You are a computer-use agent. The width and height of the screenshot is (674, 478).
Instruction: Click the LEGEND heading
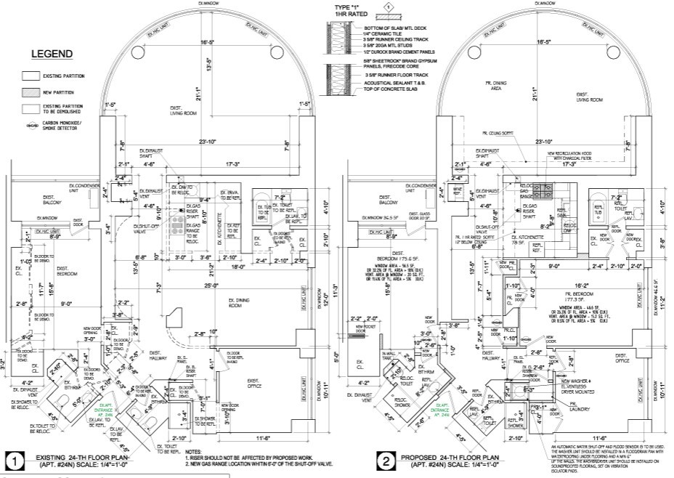(51, 54)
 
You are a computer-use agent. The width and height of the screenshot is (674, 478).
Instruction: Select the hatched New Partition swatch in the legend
(31, 92)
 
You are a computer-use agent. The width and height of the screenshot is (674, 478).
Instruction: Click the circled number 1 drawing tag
(13, 459)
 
